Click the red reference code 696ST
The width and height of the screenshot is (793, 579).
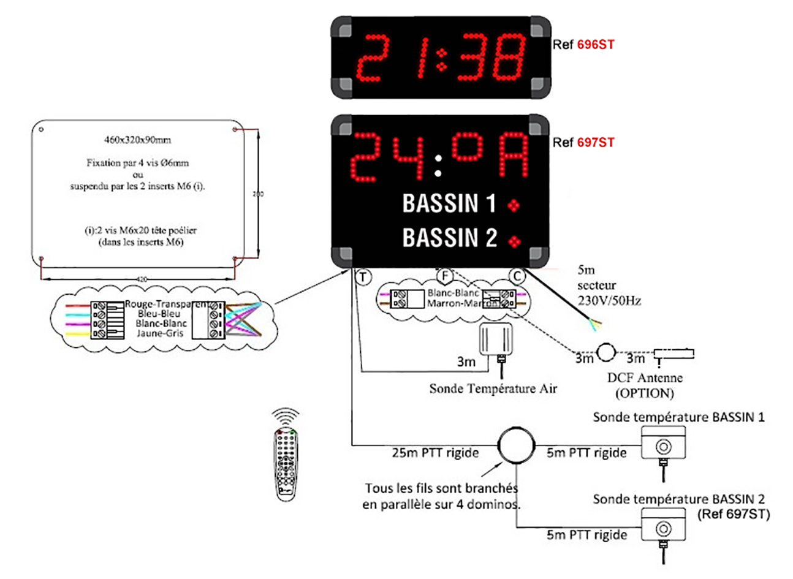[x=595, y=44]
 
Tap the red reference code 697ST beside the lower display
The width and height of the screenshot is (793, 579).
[x=595, y=143]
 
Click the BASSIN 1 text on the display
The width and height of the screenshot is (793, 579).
[x=449, y=203]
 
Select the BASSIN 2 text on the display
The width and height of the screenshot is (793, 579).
[x=449, y=238]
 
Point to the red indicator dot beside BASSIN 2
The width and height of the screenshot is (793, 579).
[x=515, y=241]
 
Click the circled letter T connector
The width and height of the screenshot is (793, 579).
[x=363, y=277]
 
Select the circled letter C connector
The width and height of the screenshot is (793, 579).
[x=518, y=276]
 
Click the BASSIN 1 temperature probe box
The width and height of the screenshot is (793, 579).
[x=663, y=443]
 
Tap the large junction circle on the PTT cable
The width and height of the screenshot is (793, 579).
[x=515, y=445]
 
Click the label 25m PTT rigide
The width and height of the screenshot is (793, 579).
[x=435, y=453]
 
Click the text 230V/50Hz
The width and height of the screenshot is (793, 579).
[x=609, y=300]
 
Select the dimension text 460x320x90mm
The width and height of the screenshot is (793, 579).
[x=137, y=140]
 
